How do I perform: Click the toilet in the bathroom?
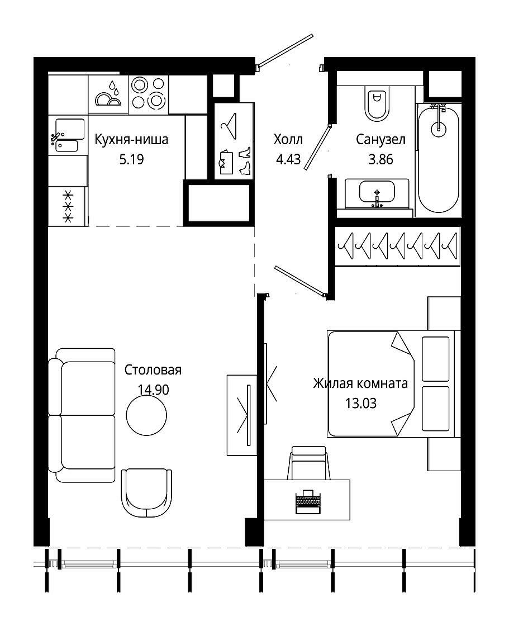pyautogui.click(x=377, y=103)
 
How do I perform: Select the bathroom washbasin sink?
pyautogui.click(x=377, y=193)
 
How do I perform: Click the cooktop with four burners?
pyautogui.click(x=148, y=94)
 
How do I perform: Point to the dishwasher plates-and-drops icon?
pyautogui.click(x=108, y=95)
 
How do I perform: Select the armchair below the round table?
pyautogui.click(x=146, y=492)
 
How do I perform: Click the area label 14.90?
pyautogui.click(x=153, y=389)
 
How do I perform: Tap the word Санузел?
pyautogui.click(x=380, y=140)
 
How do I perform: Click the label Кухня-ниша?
pyautogui.click(x=131, y=140)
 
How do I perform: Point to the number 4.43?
pyautogui.click(x=288, y=159)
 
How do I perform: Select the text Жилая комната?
pyautogui.click(x=360, y=383)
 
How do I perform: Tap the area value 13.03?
pyautogui.click(x=361, y=403)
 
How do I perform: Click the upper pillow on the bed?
pyautogui.click(x=435, y=358)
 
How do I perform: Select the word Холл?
pyautogui.click(x=288, y=140)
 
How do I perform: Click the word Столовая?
pyautogui.click(x=153, y=370)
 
